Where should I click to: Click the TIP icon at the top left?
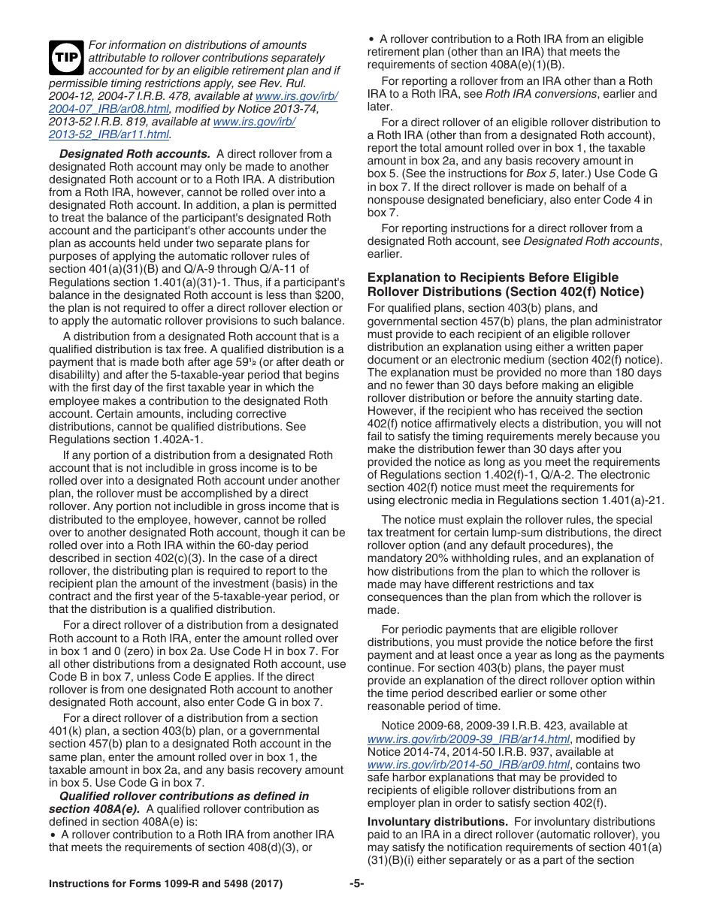(x=67, y=58)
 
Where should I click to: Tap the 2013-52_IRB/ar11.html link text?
(x=109, y=134)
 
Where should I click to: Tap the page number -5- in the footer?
(x=356, y=883)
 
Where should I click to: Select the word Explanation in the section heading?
(x=404, y=277)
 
